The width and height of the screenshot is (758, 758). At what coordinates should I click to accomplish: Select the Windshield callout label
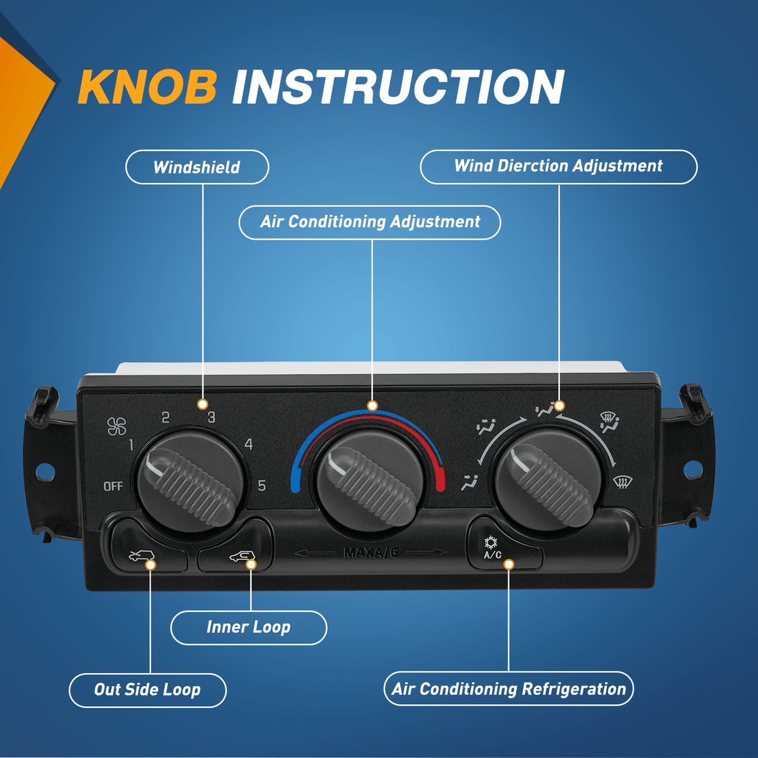(197, 167)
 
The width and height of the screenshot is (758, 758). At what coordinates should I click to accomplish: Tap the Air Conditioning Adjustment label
(370, 222)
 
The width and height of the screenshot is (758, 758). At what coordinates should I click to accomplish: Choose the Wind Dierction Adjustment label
(558, 167)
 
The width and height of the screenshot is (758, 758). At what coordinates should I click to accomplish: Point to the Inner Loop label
(249, 628)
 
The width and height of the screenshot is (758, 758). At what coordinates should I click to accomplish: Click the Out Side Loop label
(147, 690)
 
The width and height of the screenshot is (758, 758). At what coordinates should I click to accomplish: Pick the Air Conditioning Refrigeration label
(508, 689)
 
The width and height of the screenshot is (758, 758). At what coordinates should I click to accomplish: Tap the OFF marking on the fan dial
(113, 486)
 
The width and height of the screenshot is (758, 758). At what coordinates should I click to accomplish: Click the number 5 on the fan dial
(262, 485)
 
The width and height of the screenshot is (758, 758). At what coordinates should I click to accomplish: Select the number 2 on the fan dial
(165, 417)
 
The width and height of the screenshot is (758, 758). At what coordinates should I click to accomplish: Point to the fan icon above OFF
(117, 426)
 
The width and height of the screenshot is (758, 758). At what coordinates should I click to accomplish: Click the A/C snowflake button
(492, 548)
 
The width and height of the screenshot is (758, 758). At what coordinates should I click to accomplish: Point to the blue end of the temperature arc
(295, 484)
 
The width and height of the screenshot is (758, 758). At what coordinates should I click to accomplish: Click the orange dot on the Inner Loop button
(251, 564)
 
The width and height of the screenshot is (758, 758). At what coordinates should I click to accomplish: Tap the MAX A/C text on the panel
(370, 553)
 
